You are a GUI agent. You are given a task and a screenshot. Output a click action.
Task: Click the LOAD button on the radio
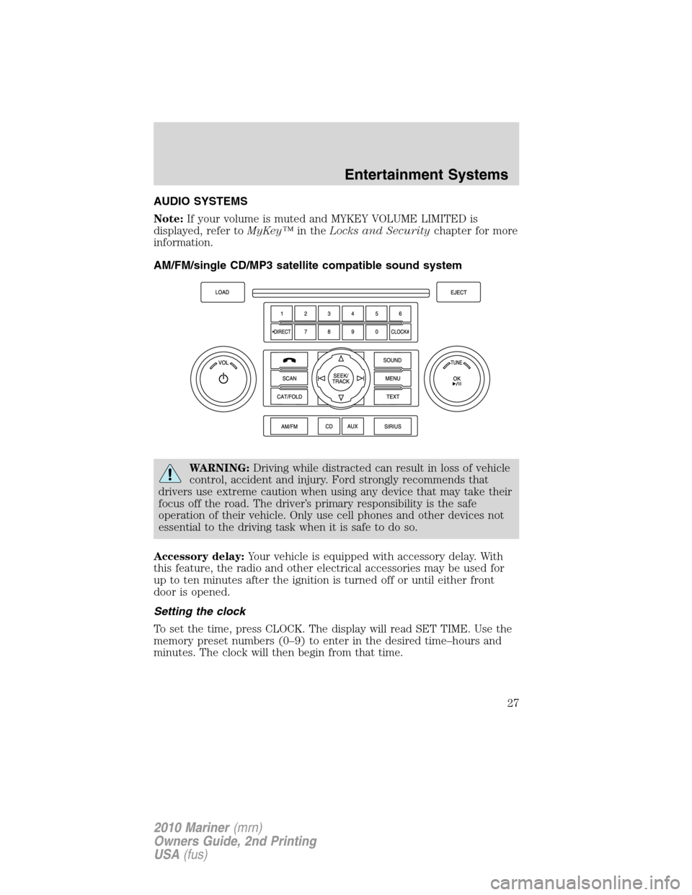tap(222, 293)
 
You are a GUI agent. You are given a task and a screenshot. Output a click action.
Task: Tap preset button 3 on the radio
tap(329, 313)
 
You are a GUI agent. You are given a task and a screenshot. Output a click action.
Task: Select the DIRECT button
tap(282, 332)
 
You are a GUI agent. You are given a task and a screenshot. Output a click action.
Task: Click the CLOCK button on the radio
tap(399, 332)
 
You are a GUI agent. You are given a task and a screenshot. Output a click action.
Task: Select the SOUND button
tap(392, 360)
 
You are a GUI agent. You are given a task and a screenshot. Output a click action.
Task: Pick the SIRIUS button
tap(392, 427)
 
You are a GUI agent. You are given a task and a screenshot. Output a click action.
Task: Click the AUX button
tap(352, 427)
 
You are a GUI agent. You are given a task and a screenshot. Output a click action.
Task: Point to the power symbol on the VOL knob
tap(223, 379)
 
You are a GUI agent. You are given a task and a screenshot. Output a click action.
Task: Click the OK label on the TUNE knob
tap(456, 378)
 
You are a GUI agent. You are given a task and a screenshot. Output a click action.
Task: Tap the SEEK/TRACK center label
tap(341, 378)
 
